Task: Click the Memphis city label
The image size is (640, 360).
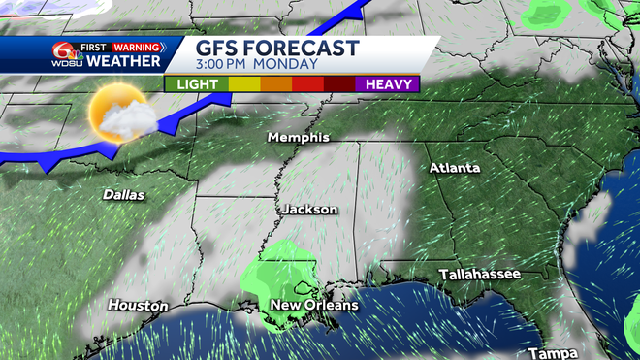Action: (x=299, y=138)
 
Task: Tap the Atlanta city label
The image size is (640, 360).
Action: (x=455, y=168)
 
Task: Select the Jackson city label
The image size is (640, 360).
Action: (x=310, y=209)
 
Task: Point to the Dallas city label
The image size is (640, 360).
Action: (x=124, y=195)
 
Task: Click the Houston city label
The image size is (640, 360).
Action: (x=133, y=305)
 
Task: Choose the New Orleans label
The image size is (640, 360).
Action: (x=313, y=305)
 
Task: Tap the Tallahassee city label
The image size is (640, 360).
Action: (x=479, y=275)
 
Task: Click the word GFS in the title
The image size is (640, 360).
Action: (x=222, y=49)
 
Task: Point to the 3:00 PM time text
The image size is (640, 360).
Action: (x=226, y=65)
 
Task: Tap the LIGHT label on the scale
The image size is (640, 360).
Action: (x=197, y=84)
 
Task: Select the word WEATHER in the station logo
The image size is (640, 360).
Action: (x=123, y=62)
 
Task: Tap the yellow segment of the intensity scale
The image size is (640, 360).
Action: (x=244, y=84)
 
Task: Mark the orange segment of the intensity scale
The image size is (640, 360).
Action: (x=276, y=84)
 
